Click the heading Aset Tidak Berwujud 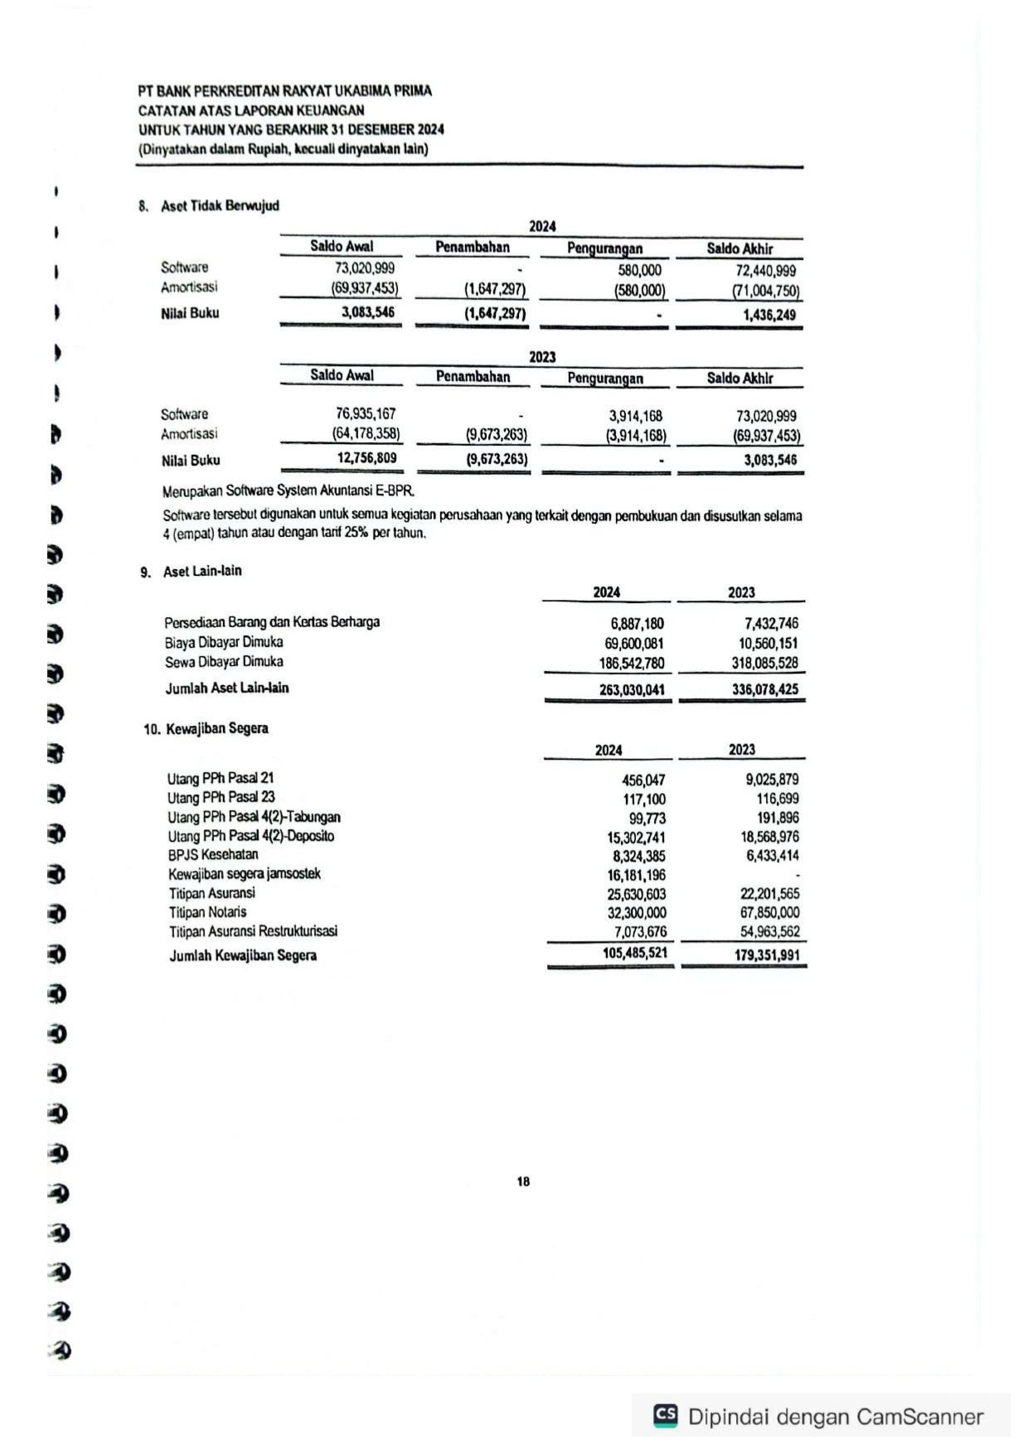(x=220, y=205)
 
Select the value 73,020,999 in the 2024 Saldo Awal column (x=365, y=268)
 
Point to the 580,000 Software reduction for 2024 (x=639, y=270)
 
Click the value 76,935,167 (x=366, y=413)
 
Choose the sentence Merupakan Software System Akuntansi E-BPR (x=289, y=490)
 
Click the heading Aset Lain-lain (x=202, y=571)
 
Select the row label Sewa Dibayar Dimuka (x=224, y=662)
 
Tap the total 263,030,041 (x=632, y=689)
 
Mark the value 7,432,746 (x=771, y=623)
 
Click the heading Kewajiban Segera (x=216, y=728)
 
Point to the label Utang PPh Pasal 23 (x=221, y=797)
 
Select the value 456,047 (x=643, y=780)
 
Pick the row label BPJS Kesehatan (x=213, y=854)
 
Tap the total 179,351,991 (x=767, y=955)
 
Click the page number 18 (x=523, y=1181)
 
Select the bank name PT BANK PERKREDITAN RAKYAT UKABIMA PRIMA (x=284, y=90)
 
